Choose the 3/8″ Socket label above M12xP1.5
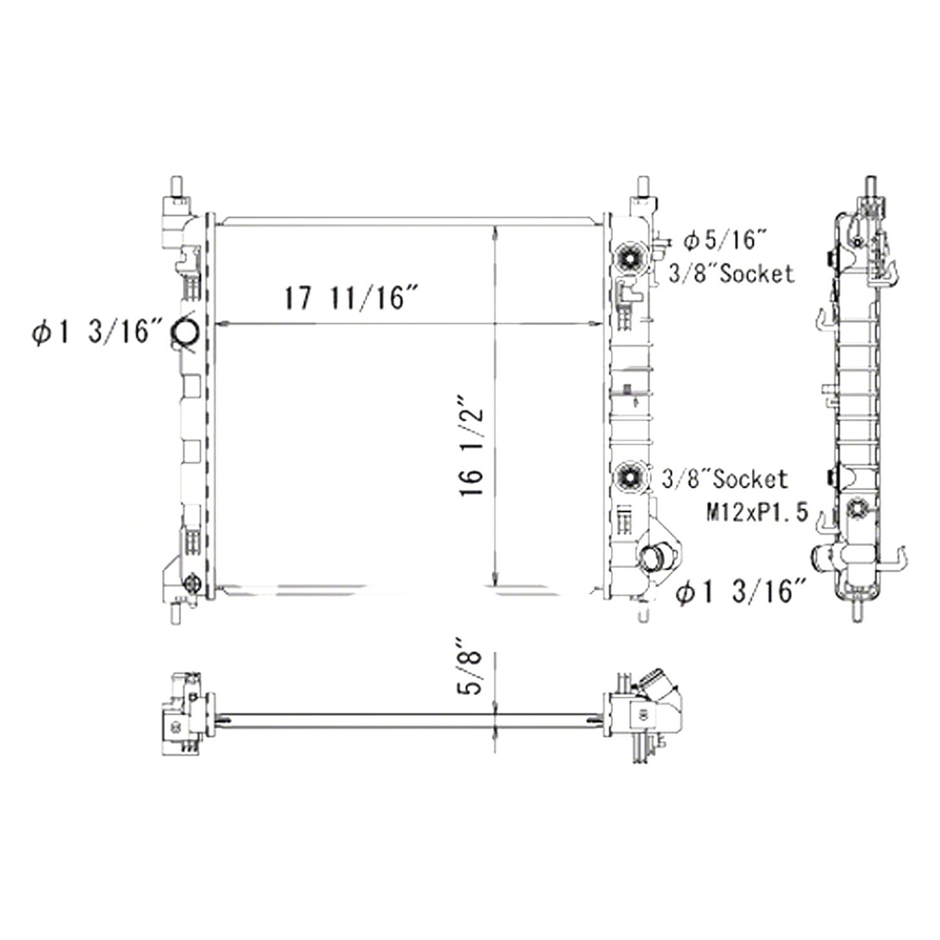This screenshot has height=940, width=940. point(725,479)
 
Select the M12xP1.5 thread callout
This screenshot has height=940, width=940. point(756,514)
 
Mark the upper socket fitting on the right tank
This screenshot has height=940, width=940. point(628,256)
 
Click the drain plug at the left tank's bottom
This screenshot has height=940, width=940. point(191,584)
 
